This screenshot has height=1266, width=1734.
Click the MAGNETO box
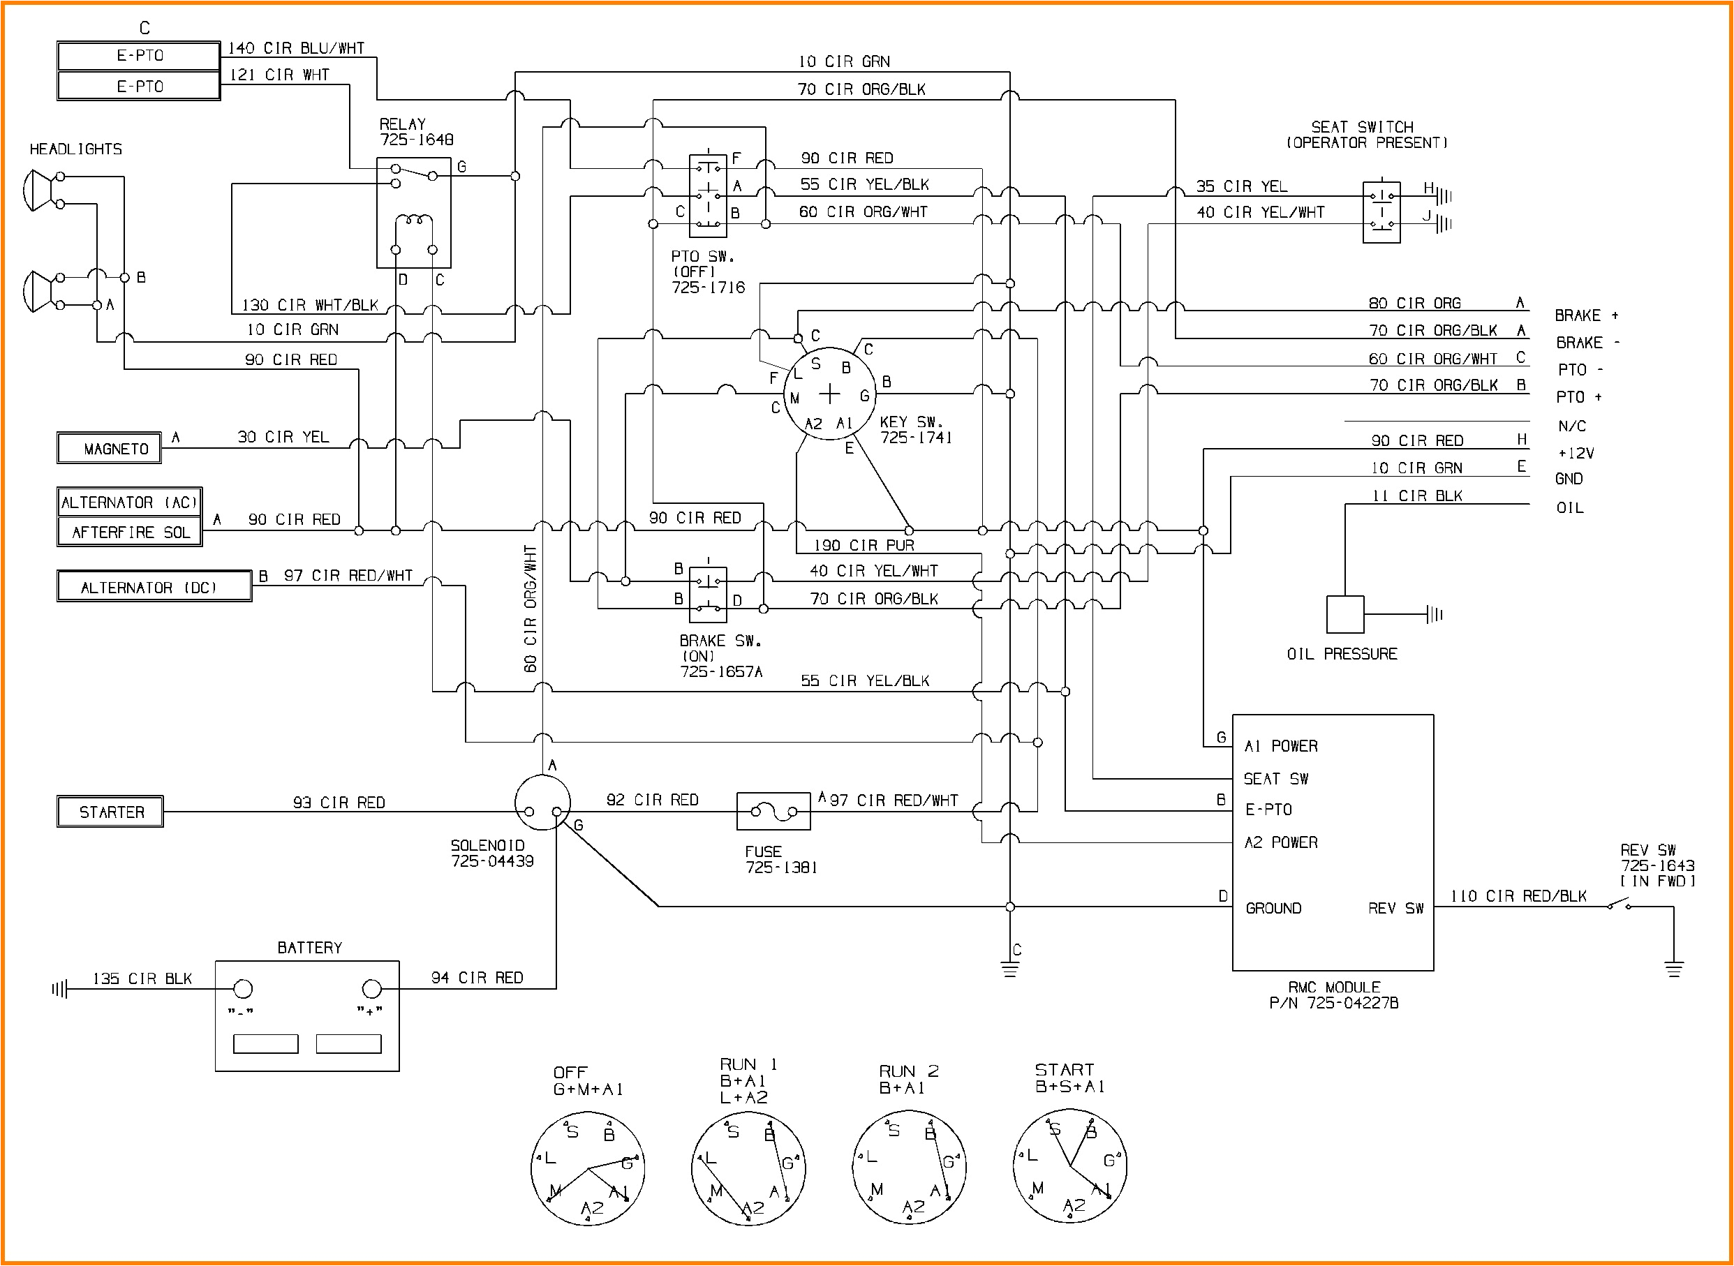pos(109,448)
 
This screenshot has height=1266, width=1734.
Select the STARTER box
pos(110,812)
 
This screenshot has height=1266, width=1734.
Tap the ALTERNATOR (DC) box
pos(154,587)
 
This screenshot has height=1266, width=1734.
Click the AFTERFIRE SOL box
pos(130,532)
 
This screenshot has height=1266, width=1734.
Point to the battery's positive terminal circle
pos(371,989)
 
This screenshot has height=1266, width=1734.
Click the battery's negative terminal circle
pos(242,989)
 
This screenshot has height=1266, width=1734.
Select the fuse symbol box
pos(773,812)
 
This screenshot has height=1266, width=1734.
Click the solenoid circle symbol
pos(542,803)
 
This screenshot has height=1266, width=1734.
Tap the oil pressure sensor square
pos(1344,615)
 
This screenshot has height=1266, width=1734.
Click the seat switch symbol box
pos(1381,212)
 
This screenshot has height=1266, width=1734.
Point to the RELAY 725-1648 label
pos(415,132)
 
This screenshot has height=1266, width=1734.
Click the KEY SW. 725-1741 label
pos(915,430)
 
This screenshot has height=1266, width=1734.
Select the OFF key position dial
pos(587,1168)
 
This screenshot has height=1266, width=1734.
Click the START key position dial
pos(1069,1166)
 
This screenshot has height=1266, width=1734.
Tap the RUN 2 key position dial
pos(908,1166)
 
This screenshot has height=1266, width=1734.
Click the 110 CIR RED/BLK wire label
pos(1518,896)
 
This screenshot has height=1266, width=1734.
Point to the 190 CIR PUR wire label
pos(864,546)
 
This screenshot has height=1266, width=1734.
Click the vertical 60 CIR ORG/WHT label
pos(531,609)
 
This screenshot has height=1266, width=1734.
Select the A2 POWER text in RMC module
pos(1280,843)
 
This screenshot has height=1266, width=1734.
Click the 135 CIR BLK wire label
pos(142,978)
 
